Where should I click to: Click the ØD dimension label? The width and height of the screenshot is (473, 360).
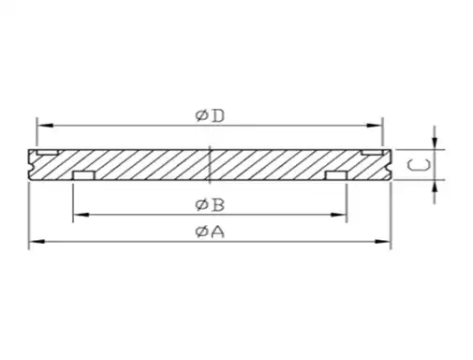[210, 115]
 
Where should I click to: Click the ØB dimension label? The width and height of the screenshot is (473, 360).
[208, 204]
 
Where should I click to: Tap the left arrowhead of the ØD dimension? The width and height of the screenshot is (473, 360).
[41, 124]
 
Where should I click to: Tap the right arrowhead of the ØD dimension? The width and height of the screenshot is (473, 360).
[377, 124]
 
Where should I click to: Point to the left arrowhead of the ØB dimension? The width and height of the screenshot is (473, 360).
[78, 215]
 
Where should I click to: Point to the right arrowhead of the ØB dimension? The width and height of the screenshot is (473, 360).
[342, 215]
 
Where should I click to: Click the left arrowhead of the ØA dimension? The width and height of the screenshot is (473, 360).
[34, 243]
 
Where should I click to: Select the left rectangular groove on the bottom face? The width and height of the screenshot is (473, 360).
[83, 175]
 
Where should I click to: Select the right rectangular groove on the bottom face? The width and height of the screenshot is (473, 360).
[336, 175]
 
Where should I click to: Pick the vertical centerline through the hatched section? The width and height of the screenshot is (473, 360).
[211, 164]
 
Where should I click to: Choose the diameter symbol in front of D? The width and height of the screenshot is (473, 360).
[200, 115]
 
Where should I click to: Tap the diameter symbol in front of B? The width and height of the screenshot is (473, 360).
[200, 204]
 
